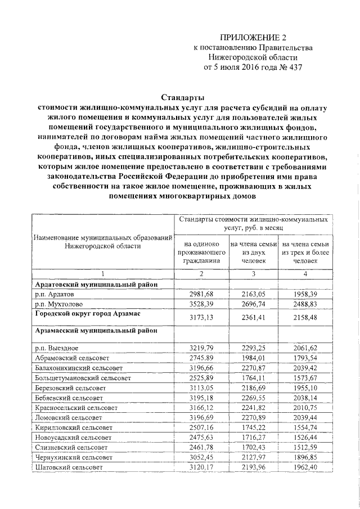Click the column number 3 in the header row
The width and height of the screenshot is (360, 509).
[253, 274]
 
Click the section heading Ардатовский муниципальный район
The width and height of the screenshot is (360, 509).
[92, 285]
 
